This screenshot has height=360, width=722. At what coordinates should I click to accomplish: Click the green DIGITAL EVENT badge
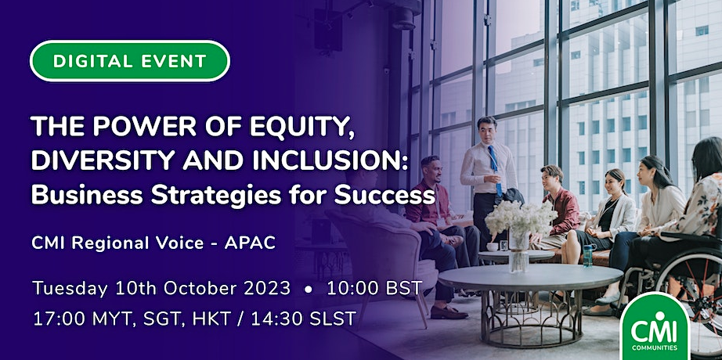pyautogui.click(x=130, y=61)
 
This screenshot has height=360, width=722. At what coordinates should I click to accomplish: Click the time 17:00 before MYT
pyautogui.click(x=56, y=319)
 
